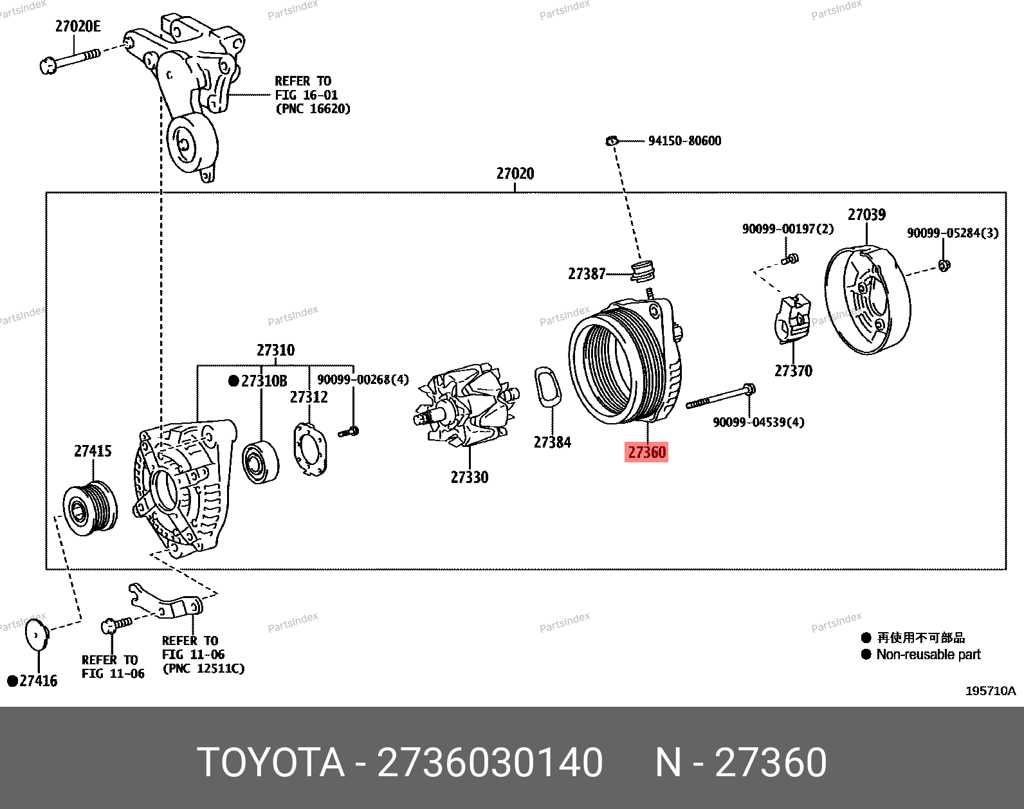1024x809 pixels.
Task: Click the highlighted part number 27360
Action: (x=646, y=452)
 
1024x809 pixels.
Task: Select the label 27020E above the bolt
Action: (x=78, y=26)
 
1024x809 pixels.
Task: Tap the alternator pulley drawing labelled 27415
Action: (x=90, y=507)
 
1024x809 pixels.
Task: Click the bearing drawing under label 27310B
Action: (x=260, y=462)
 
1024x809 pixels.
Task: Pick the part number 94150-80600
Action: (x=684, y=141)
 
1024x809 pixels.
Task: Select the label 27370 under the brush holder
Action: (x=793, y=371)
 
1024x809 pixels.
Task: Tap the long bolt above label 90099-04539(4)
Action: (x=720, y=396)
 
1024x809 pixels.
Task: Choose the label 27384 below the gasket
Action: (x=552, y=442)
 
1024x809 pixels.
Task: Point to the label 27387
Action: (x=587, y=274)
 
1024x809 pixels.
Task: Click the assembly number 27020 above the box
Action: (x=515, y=174)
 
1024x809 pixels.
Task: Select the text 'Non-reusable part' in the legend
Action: (x=928, y=655)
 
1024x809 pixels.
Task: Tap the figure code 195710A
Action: (x=990, y=691)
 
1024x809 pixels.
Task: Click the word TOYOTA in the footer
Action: (x=271, y=763)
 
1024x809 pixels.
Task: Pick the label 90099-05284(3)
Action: (x=953, y=233)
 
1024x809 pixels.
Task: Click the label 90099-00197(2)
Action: (x=787, y=229)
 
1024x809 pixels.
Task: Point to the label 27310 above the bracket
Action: (x=275, y=350)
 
